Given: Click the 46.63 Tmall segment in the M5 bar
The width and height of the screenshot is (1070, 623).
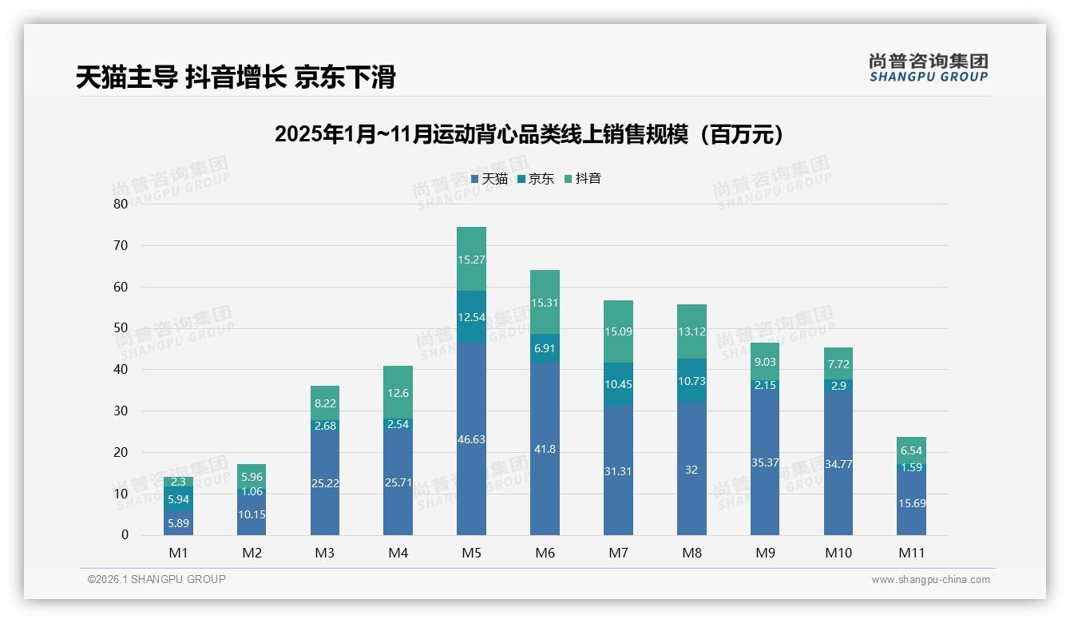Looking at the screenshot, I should (471, 438).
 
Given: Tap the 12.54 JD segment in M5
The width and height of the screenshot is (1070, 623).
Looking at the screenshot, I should (471, 317).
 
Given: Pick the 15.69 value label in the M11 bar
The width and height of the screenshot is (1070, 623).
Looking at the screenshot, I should (911, 503).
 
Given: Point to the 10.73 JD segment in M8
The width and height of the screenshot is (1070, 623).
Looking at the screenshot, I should (692, 381).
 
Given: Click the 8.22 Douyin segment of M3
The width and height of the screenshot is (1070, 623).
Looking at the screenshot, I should (325, 403).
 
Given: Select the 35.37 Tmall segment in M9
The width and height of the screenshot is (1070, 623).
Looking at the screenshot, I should (765, 462).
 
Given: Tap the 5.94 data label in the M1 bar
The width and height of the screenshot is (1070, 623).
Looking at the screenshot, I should (178, 499).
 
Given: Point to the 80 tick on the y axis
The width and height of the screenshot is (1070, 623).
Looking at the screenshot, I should (121, 204).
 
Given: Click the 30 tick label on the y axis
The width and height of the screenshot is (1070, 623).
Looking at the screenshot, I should (121, 411).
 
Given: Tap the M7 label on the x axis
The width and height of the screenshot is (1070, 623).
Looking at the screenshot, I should (618, 553).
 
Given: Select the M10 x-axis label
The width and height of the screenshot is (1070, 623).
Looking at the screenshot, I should (838, 553).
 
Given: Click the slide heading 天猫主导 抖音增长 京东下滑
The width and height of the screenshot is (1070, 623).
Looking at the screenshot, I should (236, 77).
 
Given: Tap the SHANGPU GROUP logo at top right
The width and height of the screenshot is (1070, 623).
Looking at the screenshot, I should (928, 68).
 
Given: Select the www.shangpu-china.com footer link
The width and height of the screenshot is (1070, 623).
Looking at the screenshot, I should (930, 580).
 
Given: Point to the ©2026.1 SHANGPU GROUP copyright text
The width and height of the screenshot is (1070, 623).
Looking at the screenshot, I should (157, 579).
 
